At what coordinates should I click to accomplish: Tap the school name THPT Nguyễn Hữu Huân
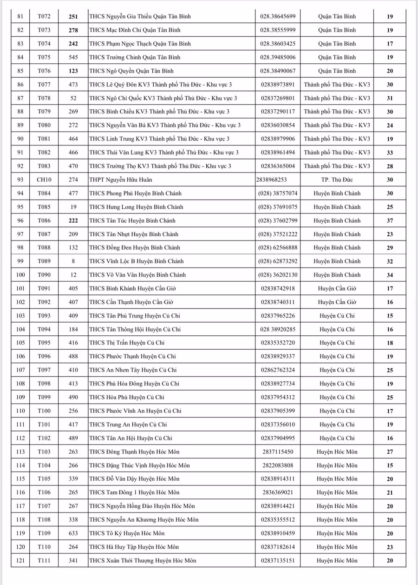tap(121, 179)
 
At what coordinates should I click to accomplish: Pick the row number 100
tap(20, 275)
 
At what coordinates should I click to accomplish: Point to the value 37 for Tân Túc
tap(390, 220)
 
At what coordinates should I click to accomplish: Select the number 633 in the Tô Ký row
tap(73, 533)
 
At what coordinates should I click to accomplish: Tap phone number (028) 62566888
tap(278, 247)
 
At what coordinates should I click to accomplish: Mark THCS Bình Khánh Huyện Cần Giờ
tap(132, 288)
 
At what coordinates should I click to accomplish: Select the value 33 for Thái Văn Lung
tap(390, 153)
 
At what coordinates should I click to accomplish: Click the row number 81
tap(20, 16)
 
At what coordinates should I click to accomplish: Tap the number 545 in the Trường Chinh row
tap(73, 57)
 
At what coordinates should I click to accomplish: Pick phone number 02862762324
tap(278, 370)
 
